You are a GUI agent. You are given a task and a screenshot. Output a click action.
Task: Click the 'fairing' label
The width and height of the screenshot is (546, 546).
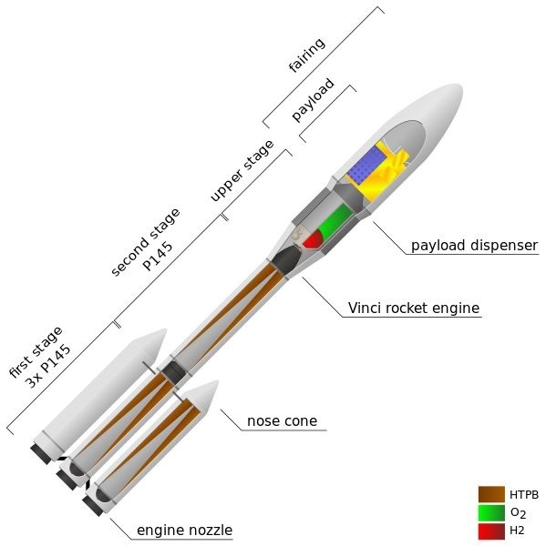[307, 55]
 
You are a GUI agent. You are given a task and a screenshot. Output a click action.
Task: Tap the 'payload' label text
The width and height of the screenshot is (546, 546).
[313, 99]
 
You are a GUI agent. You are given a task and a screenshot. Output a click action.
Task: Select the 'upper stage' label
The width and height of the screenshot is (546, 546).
[242, 171]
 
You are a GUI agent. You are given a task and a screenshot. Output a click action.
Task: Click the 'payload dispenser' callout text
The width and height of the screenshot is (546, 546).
[475, 245]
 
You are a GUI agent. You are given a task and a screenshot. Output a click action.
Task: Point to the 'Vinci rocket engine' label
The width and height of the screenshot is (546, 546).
[414, 308]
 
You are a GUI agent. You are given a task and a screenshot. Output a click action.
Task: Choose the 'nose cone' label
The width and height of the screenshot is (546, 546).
[283, 421]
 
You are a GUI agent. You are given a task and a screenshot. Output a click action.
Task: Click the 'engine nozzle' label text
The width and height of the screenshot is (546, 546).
[184, 531]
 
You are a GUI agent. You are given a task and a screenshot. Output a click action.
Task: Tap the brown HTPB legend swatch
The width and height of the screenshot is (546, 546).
[491, 494]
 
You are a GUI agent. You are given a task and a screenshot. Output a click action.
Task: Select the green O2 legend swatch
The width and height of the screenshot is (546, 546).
[491, 512]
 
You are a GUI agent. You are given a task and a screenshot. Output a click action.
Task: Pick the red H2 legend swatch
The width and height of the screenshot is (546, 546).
[491, 531]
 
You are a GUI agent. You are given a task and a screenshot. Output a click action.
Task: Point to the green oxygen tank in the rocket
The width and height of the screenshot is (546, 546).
[335, 221]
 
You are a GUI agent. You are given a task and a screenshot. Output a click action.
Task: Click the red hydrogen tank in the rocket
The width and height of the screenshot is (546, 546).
[314, 238]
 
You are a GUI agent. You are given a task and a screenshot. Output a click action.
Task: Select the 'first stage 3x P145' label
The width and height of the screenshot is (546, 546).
[40, 358]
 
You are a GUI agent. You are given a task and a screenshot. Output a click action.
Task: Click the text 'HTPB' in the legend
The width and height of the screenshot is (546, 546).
[524, 495]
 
